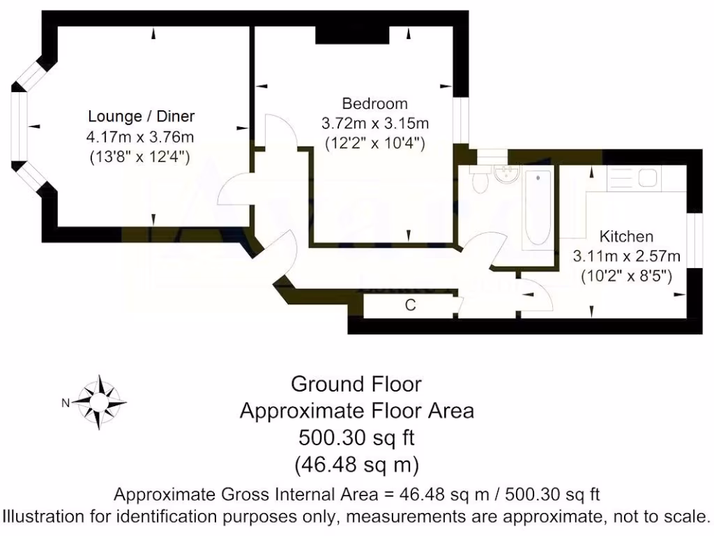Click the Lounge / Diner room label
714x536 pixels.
[141, 116]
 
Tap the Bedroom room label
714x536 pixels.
[374, 104]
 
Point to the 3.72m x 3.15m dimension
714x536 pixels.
[374, 124]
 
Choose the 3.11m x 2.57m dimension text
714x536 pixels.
[627, 256]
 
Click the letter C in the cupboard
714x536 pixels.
[411, 305]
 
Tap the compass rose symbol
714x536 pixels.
[99, 401]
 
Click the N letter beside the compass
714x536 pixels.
[65, 402]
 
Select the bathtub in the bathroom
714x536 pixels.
[538, 208]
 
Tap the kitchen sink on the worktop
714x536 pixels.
[646, 178]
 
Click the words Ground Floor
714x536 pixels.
[356, 384]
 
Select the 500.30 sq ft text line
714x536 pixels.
[356, 438]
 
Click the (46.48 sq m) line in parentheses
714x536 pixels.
[356, 463]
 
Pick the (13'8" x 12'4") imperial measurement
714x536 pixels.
[141, 156]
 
